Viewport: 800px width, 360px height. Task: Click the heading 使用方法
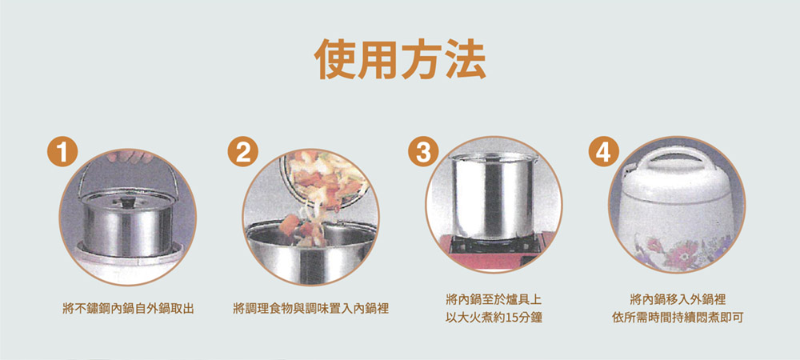pyautogui.click(x=399, y=58)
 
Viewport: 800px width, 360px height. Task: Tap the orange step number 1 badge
pyautogui.click(x=62, y=153)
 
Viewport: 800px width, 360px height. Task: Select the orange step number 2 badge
pyautogui.click(x=243, y=153)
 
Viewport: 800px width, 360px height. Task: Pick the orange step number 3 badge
pyautogui.click(x=423, y=153)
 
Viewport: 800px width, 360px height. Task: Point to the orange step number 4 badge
pyautogui.click(x=603, y=153)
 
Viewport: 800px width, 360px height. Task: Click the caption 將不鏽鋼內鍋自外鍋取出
pyautogui.click(x=127, y=309)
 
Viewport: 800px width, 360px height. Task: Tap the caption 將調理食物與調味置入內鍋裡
pyautogui.click(x=310, y=309)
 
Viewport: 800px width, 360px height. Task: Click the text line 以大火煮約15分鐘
pyautogui.click(x=494, y=318)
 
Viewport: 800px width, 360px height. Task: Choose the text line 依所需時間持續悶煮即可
pyautogui.click(x=678, y=318)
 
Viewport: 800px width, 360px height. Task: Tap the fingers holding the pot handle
pyautogui.click(x=129, y=156)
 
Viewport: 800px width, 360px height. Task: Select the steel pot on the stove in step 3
pyautogui.click(x=493, y=196)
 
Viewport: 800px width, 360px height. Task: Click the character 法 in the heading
pyautogui.click(x=466, y=58)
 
